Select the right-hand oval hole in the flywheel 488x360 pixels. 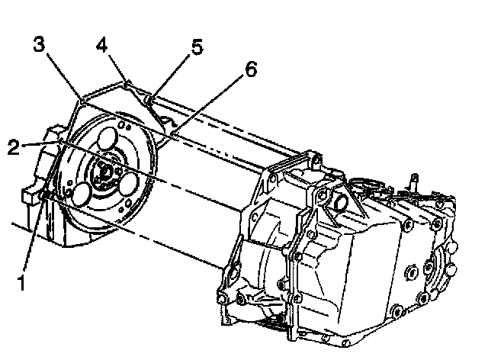click(x=130, y=185)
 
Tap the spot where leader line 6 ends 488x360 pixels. click(x=170, y=135)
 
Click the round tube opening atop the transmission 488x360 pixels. click(x=338, y=202)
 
